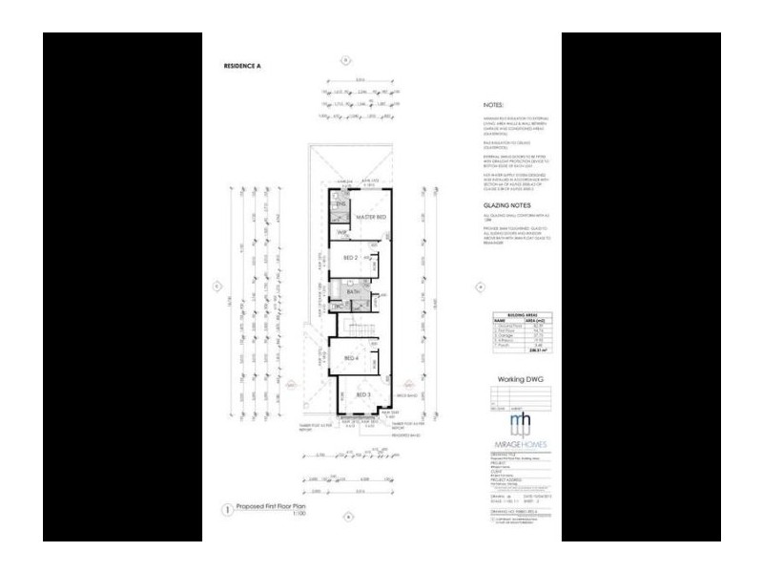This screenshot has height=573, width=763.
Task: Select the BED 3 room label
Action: point(362,394)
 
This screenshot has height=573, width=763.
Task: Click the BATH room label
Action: point(353,292)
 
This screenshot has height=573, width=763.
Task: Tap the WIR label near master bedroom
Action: point(340,233)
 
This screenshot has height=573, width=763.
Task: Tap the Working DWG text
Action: point(520,379)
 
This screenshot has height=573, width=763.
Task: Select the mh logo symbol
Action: point(521,423)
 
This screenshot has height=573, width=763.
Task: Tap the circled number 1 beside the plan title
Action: point(227,511)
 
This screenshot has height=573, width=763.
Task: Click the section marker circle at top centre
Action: point(347,59)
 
